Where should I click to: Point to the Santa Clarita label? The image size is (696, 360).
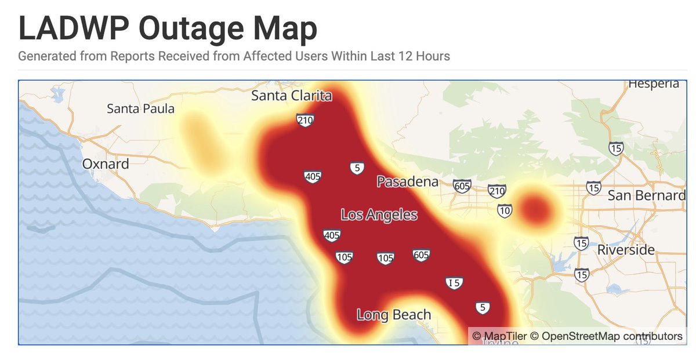(x=292, y=96)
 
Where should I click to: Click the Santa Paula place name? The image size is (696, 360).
(x=140, y=108)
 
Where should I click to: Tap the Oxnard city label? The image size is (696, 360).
(x=106, y=164)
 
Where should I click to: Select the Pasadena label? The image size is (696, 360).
(x=408, y=182)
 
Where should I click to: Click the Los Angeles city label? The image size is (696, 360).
(x=379, y=215)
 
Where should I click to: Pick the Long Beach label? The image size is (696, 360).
(x=394, y=315)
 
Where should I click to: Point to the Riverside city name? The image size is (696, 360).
(x=626, y=250)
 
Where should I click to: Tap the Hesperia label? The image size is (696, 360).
(x=653, y=84)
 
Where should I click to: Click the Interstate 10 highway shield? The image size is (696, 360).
(x=505, y=211)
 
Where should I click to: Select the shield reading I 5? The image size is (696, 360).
(x=455, y=283)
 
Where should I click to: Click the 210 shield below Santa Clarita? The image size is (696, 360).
(x=305, y=121)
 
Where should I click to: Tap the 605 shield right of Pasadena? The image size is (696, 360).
(x=462, y=186)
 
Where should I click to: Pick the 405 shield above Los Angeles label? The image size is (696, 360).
(x=313, y=177)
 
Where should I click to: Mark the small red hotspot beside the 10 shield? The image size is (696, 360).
(x=535, y=208)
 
